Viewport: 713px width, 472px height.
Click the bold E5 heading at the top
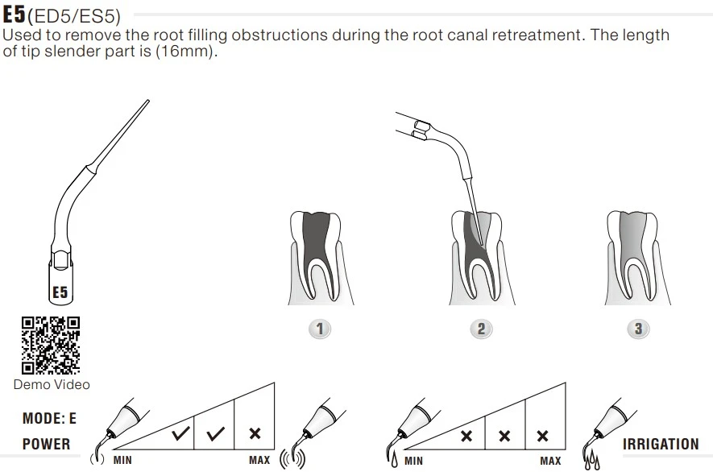tap(15, 14)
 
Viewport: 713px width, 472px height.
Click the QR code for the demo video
tap(51, 345)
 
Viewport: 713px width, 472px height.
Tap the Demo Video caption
tap(52, 385)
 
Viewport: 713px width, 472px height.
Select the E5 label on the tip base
tap(60, 292)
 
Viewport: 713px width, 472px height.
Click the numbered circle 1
tap(320, 329)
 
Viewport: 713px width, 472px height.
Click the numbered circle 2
tap(480, 329)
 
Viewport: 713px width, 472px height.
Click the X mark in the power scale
tap(255, 434)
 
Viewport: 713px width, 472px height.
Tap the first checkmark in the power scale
tap(181, 434)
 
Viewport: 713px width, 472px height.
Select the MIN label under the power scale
tap(122, 461)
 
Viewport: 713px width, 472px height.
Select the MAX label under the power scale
tap(259, 461)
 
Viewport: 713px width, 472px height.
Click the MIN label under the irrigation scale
tap(413, 461)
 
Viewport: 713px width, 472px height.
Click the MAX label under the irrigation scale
tap(550, 461)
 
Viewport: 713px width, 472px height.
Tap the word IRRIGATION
tap(661, 444)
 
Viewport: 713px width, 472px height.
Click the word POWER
tap(46, 444)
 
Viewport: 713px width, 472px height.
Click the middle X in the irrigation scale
tap(504, 436)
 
